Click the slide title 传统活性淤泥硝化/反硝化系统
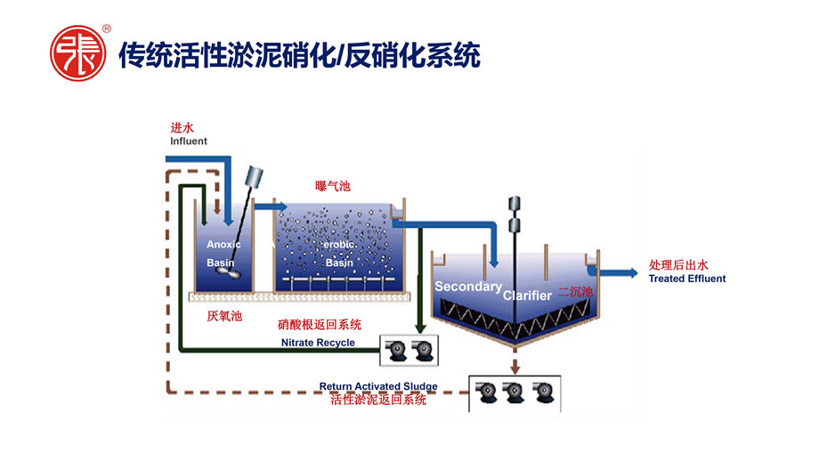(300, 55)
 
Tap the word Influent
(189, 142)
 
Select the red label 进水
(182, 127)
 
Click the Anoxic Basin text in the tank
(223, 254)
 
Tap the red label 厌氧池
(224, 316)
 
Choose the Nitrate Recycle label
(318, 343)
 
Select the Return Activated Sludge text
(378, 386)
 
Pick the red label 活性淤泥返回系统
(378, 400)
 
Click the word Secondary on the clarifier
(467, 287)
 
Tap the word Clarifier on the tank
(528, 295)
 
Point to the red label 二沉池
(575, 291)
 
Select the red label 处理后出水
(678, 265)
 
